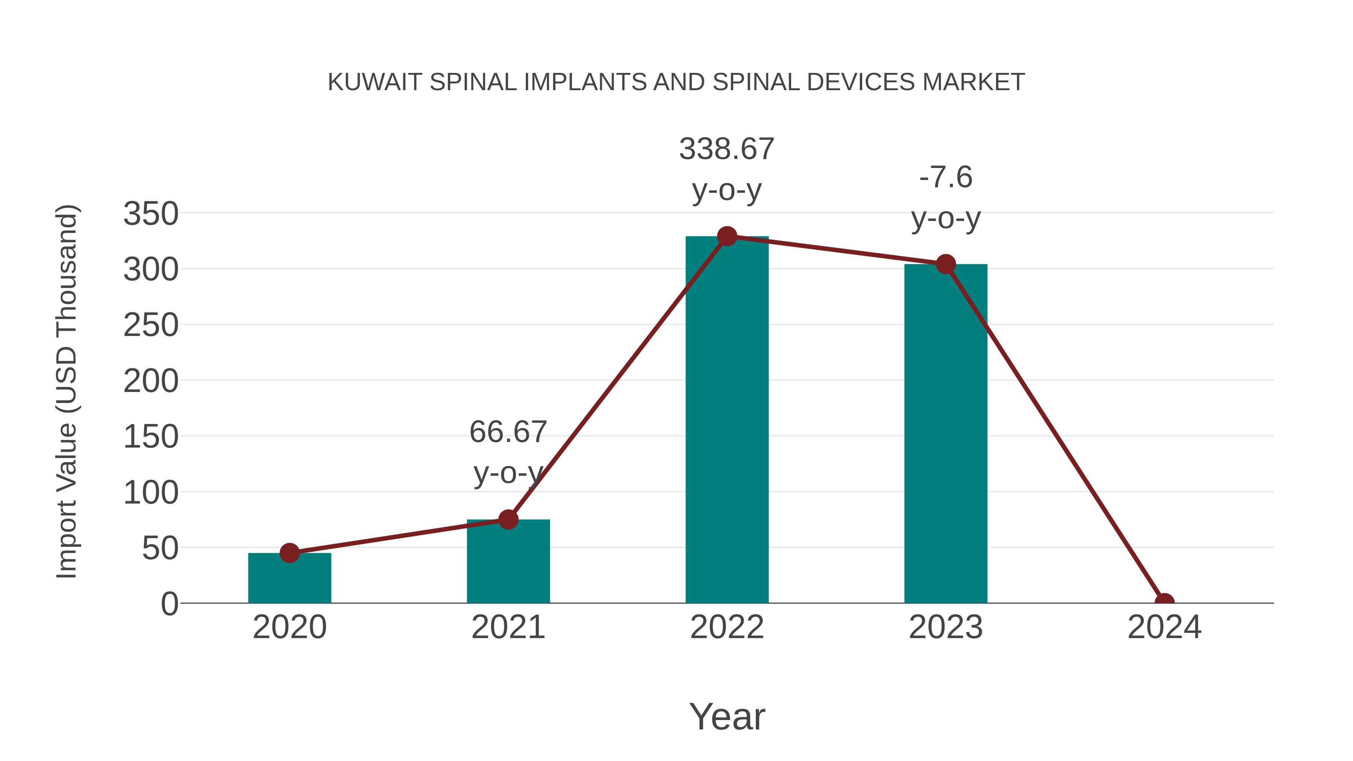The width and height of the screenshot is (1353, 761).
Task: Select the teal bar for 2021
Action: tap(508, 562)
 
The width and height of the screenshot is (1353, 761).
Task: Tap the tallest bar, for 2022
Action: tap(726, 420)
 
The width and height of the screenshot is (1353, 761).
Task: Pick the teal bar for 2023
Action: tap(946, 436)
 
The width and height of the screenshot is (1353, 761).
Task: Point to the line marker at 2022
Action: tap(726, 236)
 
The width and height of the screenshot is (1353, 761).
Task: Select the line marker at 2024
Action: tap(1164, 602)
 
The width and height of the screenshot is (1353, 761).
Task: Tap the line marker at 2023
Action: tap(946, 264)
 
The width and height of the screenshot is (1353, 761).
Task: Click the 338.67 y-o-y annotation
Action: tap(726, 169)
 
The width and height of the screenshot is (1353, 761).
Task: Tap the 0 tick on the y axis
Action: tap(169, 604)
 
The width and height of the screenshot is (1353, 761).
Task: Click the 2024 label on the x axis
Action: tap(1164, 627)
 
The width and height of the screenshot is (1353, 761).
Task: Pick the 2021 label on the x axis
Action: tap(508, 627)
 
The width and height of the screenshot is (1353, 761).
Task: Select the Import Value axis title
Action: tap(67, 391)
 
